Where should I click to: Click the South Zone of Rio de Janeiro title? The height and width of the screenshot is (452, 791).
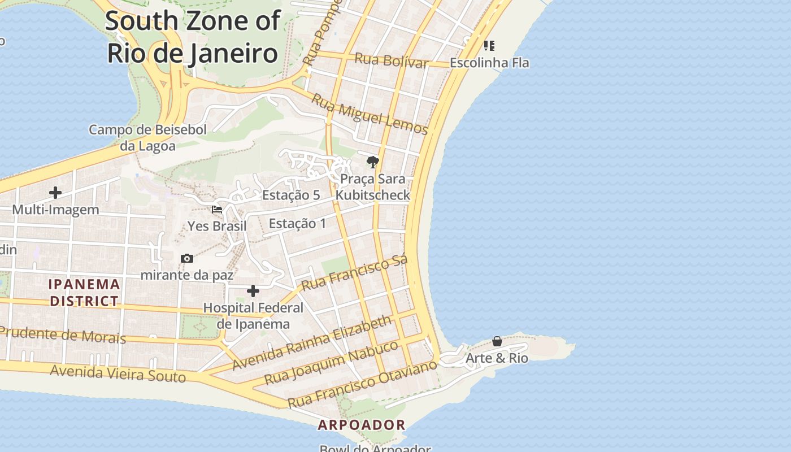(x=192, y=37)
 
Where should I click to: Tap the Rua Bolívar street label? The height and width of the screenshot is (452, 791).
(x=391, y=60)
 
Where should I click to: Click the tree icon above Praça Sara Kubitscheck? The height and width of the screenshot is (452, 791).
(x=372, y=163)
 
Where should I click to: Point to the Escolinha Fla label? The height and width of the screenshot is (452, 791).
(x=489, y=63)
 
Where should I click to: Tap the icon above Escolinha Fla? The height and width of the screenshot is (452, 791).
(x=489, y=45)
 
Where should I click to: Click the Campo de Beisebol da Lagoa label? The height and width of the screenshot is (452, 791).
(x=147, y=138)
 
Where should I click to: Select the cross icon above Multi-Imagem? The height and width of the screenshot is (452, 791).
(x=55, y=193)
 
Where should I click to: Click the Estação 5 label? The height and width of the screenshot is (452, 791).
(x=291, y=195)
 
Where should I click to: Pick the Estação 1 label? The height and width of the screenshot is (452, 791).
(x=297, y=224)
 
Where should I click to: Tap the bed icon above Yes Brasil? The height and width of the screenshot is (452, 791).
(x=216, y=210)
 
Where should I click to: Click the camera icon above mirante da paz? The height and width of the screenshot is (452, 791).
(x=187, y=259)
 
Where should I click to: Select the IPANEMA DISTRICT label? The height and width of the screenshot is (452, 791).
(x=84, y=293)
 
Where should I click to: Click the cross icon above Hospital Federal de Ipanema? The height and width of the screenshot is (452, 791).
(x=253, y=291)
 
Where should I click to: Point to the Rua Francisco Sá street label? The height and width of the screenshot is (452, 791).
(x=354, y=273)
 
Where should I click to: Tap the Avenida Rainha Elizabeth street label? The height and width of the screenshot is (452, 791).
(x=311, y=343)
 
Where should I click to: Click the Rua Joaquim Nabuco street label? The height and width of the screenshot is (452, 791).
(x=331, y=363)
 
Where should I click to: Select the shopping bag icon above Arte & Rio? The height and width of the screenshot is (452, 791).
(x=497, y=341)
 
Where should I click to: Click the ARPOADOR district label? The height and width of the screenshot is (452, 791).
(x=362, y=425)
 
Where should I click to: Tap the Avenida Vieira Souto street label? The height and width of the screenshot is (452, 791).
(x=118, y=373)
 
